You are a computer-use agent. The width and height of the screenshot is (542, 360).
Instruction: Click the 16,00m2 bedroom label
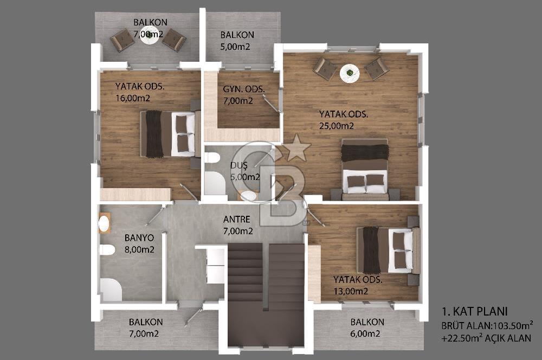coord(133,98)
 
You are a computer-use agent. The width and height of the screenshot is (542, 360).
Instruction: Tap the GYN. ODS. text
coord(244,89)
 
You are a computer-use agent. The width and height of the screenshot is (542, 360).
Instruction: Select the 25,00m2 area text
coord(337,126)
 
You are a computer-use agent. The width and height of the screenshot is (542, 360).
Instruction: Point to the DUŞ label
coord(239,165)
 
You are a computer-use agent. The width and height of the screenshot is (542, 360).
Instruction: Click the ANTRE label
coord(236,219)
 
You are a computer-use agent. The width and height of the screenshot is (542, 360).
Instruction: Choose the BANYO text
coord(139,238)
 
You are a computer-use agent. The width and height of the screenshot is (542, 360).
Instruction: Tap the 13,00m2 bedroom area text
coord(351,291)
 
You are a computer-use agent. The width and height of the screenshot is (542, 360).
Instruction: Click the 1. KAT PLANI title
coord(475,311)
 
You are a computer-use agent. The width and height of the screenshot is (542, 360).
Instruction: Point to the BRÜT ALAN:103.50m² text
coord(487,325)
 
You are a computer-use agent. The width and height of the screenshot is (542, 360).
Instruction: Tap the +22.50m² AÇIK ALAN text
coord(486,338)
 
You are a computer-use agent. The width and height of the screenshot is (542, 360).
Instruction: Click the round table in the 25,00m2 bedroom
coord(350,74)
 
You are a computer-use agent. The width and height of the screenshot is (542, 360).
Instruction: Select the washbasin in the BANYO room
coord(104,223)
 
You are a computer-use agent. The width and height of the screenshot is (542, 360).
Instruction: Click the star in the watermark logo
coord(296,148)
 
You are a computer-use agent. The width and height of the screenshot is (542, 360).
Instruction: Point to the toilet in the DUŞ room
coord(212,158)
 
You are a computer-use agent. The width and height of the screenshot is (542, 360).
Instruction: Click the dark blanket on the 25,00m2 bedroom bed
coord(365,152)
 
